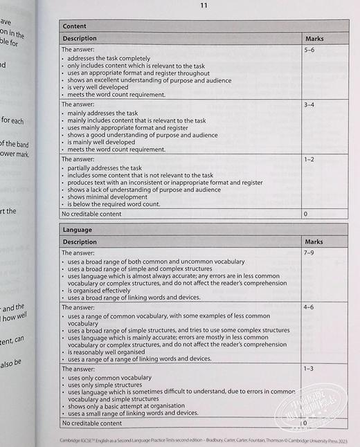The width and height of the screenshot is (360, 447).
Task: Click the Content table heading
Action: (x=75, y=26)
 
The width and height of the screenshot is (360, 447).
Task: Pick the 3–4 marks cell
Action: (x=310, y=104)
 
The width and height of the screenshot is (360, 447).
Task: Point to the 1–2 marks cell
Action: (x=309, y=159)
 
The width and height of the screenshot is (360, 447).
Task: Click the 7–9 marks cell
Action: (x=309, y=254)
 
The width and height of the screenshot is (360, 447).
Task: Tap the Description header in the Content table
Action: (x=80, y=39)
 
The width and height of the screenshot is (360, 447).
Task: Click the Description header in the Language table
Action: (x=80, y=242)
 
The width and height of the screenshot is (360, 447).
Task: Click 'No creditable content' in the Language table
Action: (x=92, y=423)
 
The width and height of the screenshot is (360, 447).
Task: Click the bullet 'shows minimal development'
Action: (x=104, y=197)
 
